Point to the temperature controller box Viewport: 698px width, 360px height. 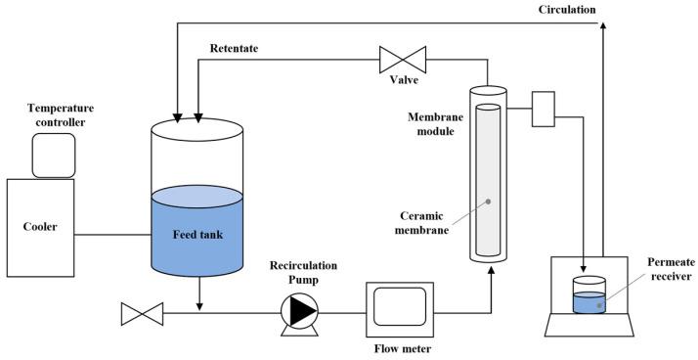54,157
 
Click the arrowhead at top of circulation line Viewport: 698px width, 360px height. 602,27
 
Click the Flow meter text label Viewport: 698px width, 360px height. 401,347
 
